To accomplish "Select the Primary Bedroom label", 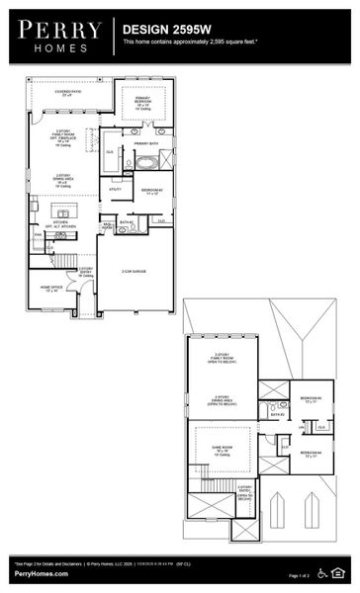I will coord(143,102).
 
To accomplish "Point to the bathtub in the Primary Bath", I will coord(145,160).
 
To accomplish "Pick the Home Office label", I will coord(51,289).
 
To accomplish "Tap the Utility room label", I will coord(116,189).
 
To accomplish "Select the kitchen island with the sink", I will coord(62,213).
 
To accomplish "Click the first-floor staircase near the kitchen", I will coord(64,259).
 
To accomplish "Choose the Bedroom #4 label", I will coord(313,454).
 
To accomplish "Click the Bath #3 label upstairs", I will coord(278,415).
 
